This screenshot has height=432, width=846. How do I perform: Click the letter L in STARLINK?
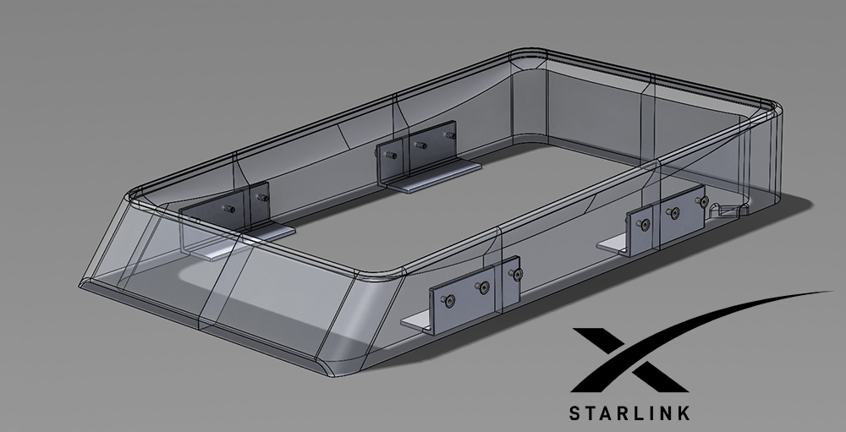click(x=638, y=413)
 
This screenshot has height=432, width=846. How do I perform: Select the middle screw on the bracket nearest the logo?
click(x=483, y=290)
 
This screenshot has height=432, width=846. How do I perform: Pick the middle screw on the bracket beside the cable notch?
click(x=674, y=211)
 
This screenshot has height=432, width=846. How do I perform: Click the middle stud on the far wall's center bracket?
click(x=415, y=144)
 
